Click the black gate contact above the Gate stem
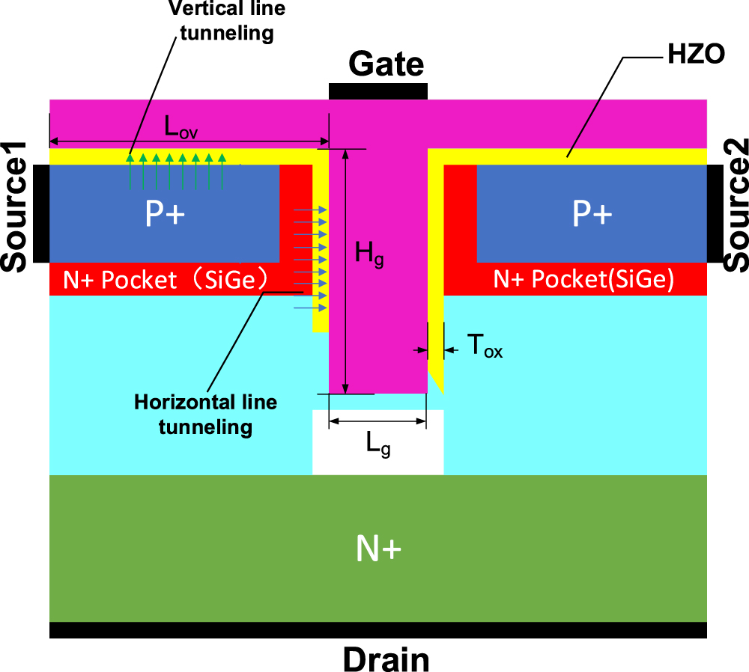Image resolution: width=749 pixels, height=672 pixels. (x=378, y=91)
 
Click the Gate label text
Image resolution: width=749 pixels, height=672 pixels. (x=386, y=65)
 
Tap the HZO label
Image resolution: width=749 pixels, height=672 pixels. (x=694, y=55)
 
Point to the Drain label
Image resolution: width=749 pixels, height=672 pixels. (x=386, y=659)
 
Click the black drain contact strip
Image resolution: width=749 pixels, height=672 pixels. (x=378, y=630)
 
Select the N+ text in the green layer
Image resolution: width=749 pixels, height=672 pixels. (x=378, y=550)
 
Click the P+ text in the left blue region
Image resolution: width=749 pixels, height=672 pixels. (x=165, y=215)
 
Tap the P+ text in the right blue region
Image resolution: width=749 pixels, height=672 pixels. (x=592, y=215)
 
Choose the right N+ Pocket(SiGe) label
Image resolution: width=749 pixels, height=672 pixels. (x=584, y=279)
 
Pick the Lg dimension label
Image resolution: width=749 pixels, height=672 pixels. (x=377, y=445)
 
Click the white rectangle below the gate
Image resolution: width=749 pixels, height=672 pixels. (x=378, y=453)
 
